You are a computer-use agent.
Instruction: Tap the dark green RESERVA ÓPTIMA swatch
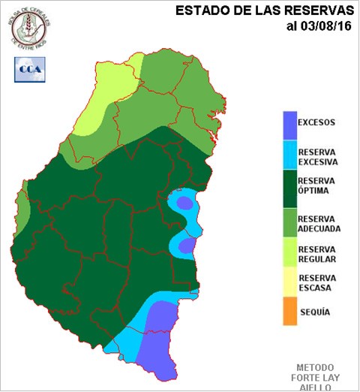pos(290,188)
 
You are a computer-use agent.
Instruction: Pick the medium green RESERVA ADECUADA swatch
pos(290,220)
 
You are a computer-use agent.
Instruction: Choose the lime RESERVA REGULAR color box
pos(290,252)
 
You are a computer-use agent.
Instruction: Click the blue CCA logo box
pos(29,68)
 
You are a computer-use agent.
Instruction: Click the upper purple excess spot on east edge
pos(184,203)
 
